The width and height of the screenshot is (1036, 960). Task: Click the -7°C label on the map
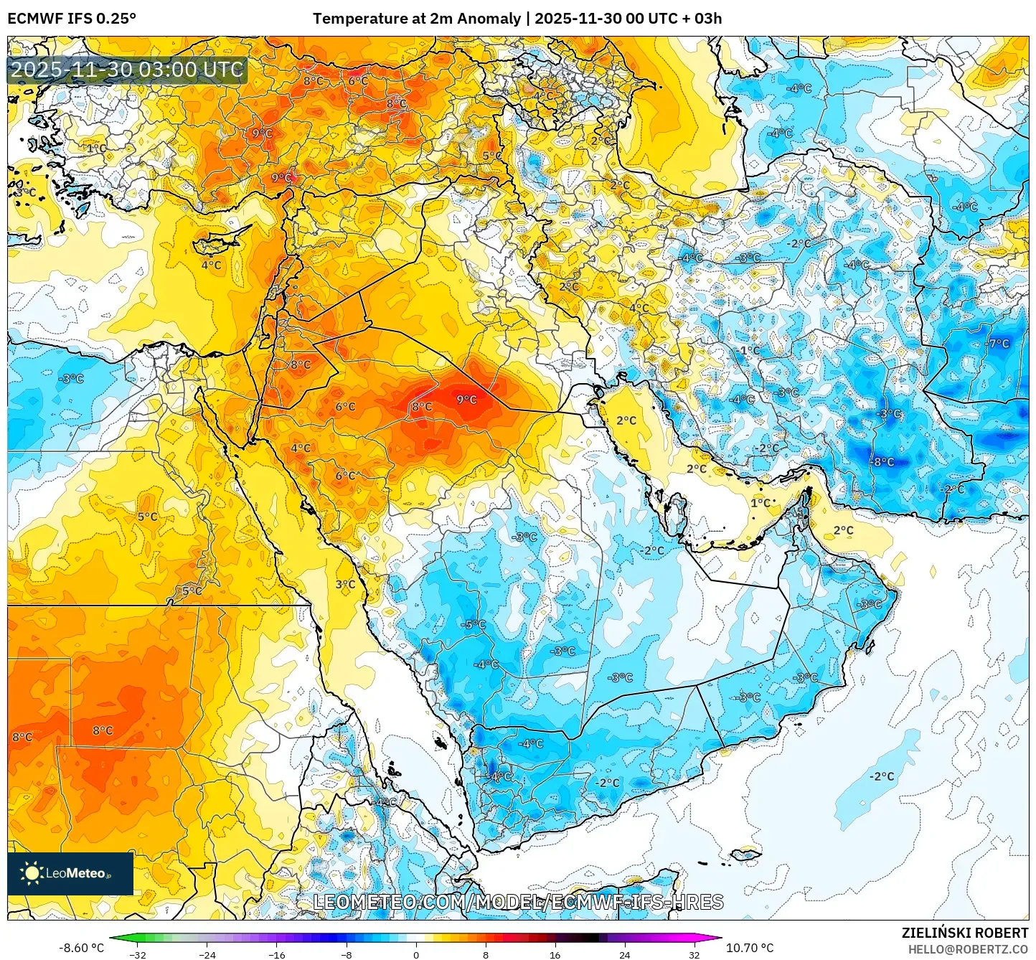pos(999,344)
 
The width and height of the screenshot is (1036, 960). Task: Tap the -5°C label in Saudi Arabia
pos(473,624)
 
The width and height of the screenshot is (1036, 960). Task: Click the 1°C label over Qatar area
pos(760,503)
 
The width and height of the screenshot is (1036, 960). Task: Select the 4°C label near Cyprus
pos(211,265)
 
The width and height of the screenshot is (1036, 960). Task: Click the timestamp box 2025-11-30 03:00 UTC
pos(127,70)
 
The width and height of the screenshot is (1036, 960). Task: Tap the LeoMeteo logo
pos(70,873)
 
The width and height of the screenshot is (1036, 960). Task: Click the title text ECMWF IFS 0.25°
pos(72,19)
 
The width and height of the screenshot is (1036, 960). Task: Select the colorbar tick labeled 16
pos(555,955)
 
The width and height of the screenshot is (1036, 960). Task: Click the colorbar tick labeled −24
pos(207,955)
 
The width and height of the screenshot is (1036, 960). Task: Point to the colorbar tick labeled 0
pos(416,955)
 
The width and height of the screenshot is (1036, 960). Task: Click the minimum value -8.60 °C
pos(81,948)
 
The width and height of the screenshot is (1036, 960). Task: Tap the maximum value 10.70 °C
pos(750,948)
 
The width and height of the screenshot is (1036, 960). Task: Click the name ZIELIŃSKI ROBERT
pos(964,933)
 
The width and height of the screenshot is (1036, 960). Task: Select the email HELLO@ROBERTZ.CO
pos(968,949)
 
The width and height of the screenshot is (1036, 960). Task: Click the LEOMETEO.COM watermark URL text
pos(518,902)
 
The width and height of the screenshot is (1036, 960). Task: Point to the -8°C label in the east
pos(883,461)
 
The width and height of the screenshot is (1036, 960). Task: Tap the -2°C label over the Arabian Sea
pos(882,776)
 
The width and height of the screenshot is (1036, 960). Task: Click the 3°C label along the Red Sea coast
pos(345,584)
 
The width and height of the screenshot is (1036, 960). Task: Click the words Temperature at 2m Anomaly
pos(416,19)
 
